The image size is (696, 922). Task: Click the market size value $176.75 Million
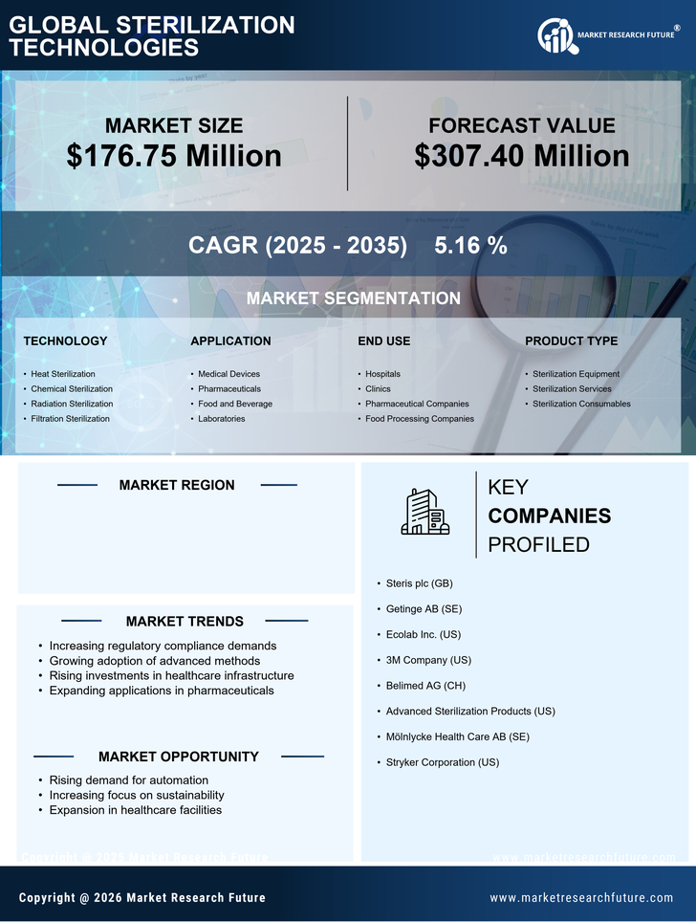[174, 156]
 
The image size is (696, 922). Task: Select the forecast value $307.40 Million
[522, 156]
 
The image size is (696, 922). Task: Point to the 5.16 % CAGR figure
[470, 245]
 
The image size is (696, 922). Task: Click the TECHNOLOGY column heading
[65, 340]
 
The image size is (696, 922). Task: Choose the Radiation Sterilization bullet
[72, 404]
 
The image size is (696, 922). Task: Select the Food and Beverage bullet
[235, 404]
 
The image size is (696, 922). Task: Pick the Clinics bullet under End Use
[378, 389]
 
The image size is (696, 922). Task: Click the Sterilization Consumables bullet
[581, 404]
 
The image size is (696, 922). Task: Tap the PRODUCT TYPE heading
[571, 340]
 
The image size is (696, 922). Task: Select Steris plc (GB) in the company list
[419, 583]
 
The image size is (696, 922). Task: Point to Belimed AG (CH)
[426, 686]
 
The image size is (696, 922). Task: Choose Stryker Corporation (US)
[442, 762]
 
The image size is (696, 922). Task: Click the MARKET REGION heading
[177, 485]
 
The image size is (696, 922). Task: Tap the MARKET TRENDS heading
[185, 622]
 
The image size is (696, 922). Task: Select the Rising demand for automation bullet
[128, 780]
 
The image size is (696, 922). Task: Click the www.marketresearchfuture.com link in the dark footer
[581, 898]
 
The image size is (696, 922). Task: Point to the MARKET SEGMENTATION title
[353, 298]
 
